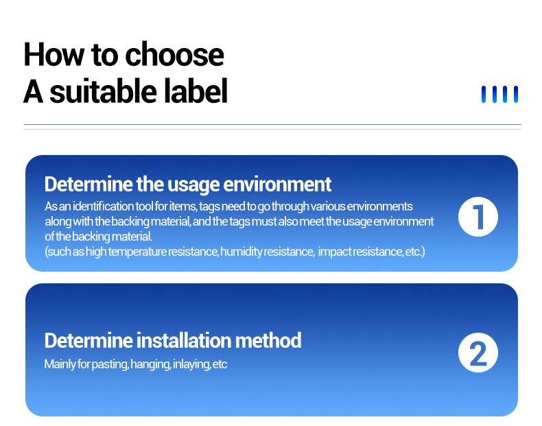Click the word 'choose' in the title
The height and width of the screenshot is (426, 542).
coord(174,56)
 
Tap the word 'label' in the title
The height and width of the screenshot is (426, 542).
coord(196,91)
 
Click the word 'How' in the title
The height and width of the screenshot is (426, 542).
coord(54,54)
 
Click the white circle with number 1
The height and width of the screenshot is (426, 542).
coord(478,217)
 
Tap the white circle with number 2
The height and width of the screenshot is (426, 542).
coord(478,353)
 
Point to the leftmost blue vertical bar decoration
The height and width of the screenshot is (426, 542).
coord(484,94)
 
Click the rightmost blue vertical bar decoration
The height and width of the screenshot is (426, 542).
coord(516,94)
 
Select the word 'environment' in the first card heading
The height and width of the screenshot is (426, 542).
coord(277,184)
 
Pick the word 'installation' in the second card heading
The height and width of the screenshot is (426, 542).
coord(185,340)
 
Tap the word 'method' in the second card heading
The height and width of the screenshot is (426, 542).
coord(268,340)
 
